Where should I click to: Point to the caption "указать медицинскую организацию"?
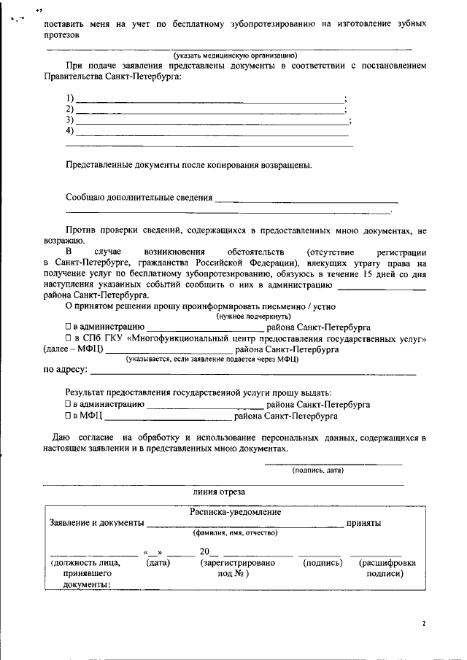coord(235,55)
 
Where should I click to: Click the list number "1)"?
coord(70,98)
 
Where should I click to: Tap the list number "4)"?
coord(70,131)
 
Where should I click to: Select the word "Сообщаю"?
coord(85,197)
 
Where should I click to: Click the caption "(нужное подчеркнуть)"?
coord(252,317)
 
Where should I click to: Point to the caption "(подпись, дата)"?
coord(318,470)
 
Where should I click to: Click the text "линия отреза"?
coord(214,492)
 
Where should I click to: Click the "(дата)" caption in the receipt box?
coord(159,563)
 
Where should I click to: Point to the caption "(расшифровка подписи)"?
coord(387,568)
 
